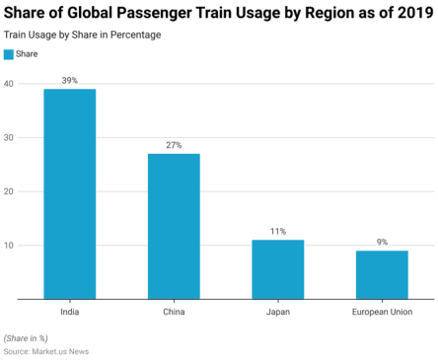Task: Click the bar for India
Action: click(x=70, y=193)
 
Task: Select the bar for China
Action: click(x=174, y=226)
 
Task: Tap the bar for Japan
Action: click(x=277, y=268)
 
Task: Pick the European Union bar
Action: click(x=381, y=274)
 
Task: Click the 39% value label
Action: click(x=70, y=79)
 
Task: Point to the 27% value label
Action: click(x=174, y=144)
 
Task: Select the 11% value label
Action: click(x=277, y=231)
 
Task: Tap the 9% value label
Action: click(x=381, y=241)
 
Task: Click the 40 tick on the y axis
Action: click(x=8, y=84)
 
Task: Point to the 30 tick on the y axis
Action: click(x=8, y=137)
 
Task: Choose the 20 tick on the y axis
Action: click(x=8, y=191)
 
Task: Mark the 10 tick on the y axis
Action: click(x=8, y=245)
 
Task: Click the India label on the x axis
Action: click(x=70, y=312)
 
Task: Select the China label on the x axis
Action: click(x=174, y=312)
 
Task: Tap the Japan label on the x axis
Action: click(x=277, y=312)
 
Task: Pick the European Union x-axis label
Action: click(x=381, y=312)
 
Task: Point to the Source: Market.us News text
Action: click(x=44, y=350)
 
